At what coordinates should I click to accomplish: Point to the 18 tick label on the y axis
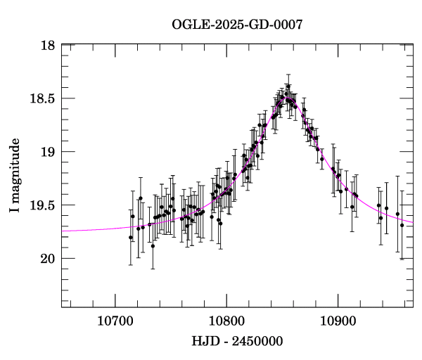[x=48, y=46]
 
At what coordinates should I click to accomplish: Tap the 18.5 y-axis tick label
[x=42, y=99]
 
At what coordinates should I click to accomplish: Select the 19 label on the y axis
[x=48, y=152]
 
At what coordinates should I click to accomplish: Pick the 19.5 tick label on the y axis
[x=42, y=205]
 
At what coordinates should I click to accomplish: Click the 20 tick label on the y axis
[x=48, y=259]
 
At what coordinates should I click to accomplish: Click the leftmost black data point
[x=131, y=237]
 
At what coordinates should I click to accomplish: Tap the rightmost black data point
[x=402, y=225]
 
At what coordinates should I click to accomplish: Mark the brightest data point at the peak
[x=288, y=86]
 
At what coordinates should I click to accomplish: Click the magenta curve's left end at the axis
[x=63, y=231]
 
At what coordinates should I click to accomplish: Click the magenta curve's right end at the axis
[x=412, y=222]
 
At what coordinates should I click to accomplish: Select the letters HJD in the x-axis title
[x=203, y=341]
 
